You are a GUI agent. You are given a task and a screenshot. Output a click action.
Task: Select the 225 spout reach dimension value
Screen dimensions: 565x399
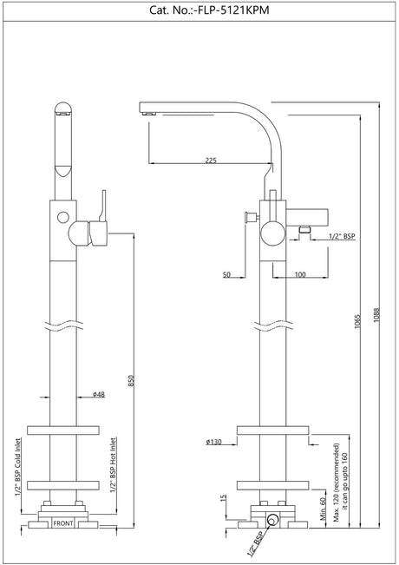(x=211, y=159)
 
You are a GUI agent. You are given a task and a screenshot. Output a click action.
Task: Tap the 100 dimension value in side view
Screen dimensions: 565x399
(x=298, y=275)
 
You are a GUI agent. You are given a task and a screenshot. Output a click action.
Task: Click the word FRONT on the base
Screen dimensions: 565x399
(x=63, y=524)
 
